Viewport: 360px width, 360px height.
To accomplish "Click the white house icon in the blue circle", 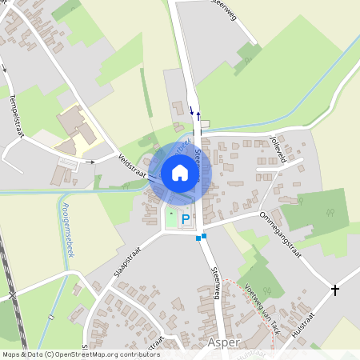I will (180, 172).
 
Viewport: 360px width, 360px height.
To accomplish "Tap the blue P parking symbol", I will (186, 218).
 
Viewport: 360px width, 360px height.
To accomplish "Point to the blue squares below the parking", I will (201, 237).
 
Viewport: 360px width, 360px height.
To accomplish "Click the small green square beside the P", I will (170, 217).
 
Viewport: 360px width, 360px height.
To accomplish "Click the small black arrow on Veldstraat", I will (90, 162).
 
